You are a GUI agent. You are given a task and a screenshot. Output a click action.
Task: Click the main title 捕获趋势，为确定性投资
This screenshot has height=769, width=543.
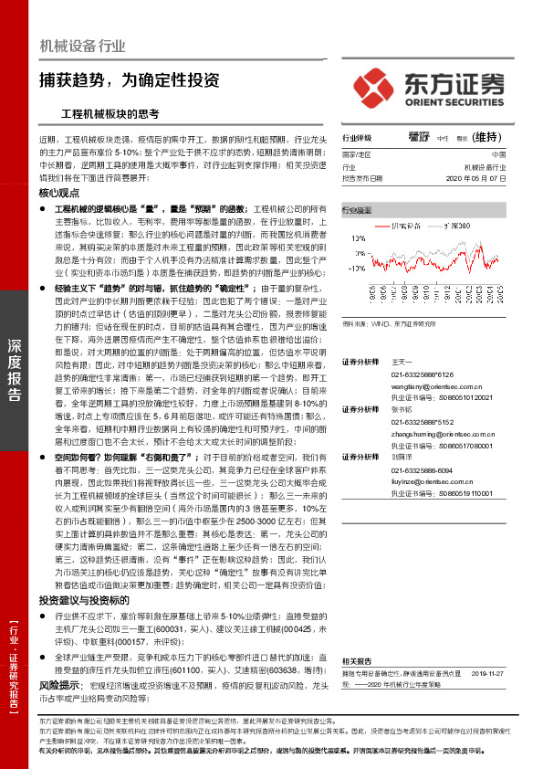[129, 79]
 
